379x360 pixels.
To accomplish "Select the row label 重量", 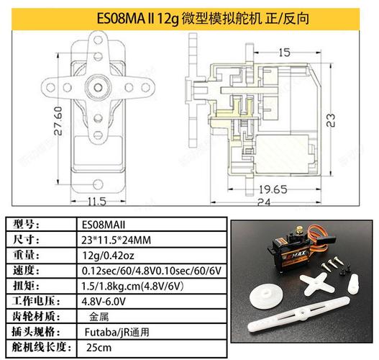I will [26, 256].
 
